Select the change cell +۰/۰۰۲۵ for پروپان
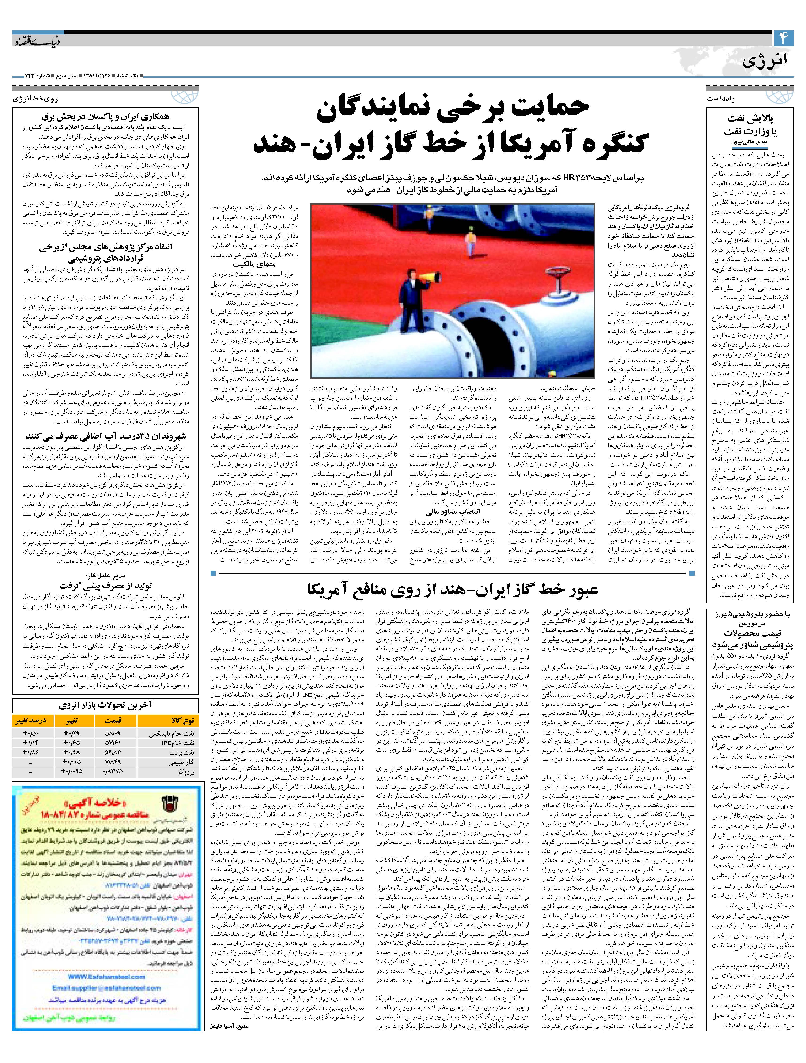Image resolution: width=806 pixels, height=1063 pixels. point(72,771)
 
